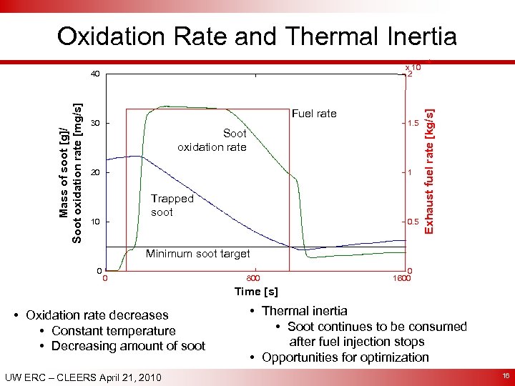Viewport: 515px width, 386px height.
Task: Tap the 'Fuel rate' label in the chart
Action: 313,114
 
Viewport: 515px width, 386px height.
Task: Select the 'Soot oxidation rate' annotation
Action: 212,140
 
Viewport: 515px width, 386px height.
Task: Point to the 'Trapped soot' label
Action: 172,205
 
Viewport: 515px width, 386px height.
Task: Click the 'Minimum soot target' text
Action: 197,254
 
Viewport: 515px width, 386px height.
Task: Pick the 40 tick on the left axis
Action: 95,74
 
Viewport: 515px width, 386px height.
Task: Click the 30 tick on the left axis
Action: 95,124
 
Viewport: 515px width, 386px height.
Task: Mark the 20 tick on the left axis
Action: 95,173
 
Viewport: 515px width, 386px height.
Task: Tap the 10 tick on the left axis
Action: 95,222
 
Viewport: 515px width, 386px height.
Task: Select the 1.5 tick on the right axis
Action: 412,124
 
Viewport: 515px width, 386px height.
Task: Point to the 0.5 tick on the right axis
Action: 412,222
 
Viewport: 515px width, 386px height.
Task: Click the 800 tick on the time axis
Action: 252,279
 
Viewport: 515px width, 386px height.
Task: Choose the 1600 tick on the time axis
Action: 401,279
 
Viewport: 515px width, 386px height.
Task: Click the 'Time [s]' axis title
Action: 256,292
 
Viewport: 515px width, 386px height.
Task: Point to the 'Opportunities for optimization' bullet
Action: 345,357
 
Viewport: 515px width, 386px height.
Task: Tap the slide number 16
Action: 502,375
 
